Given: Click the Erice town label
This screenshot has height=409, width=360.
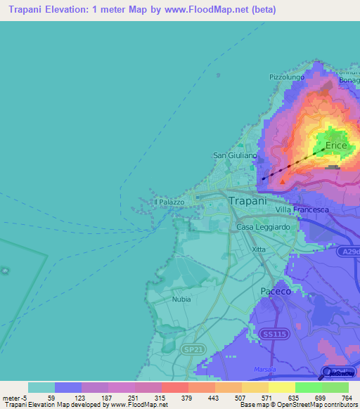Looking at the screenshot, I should click(336, 146).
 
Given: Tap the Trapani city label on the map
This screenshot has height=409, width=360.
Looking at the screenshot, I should click(248, 200).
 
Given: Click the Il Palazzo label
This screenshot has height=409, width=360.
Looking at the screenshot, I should click(169, 202).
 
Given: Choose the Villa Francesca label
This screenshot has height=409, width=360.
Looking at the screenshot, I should click(303, 210).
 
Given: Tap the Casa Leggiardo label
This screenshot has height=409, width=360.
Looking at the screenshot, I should click(264, 227).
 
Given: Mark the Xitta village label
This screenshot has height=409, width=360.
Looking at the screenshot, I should click(259, 249).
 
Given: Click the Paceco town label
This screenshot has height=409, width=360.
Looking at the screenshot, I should click(276, 290).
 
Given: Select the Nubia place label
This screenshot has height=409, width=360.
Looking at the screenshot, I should click(181, 299).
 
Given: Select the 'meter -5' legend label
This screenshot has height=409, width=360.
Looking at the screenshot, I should click(14, 398).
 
